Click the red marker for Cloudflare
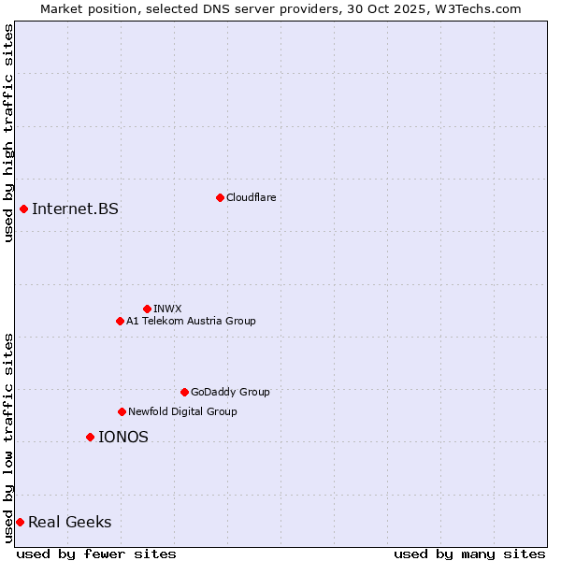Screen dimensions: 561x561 click(220, 197)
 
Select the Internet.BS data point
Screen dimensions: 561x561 click(23, 209)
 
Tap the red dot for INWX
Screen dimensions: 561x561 click(147, 309)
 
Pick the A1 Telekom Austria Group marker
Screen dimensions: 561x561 click(120, 321)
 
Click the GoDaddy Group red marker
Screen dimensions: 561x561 click(184, 392)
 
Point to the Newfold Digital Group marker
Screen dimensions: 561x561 click(122, 411)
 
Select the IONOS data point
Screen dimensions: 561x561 click(90, 437)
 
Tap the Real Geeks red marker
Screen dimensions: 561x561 click(20, 522)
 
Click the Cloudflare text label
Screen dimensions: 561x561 click(251, 197)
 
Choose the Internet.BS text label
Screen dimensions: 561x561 click(75, 209)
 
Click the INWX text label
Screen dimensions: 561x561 click(167, 309)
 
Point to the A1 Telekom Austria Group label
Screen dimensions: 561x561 click(191, 321)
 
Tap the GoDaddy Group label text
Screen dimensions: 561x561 click(230, 392)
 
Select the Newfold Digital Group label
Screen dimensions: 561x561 click(182, 411)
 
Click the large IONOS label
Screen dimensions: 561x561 click(123, 437)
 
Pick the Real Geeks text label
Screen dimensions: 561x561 click(70, 522)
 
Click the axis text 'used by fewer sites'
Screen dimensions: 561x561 click(96, 554)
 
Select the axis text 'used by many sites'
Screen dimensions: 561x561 click(469, 554)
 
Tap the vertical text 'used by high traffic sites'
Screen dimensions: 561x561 click(9, 133)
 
